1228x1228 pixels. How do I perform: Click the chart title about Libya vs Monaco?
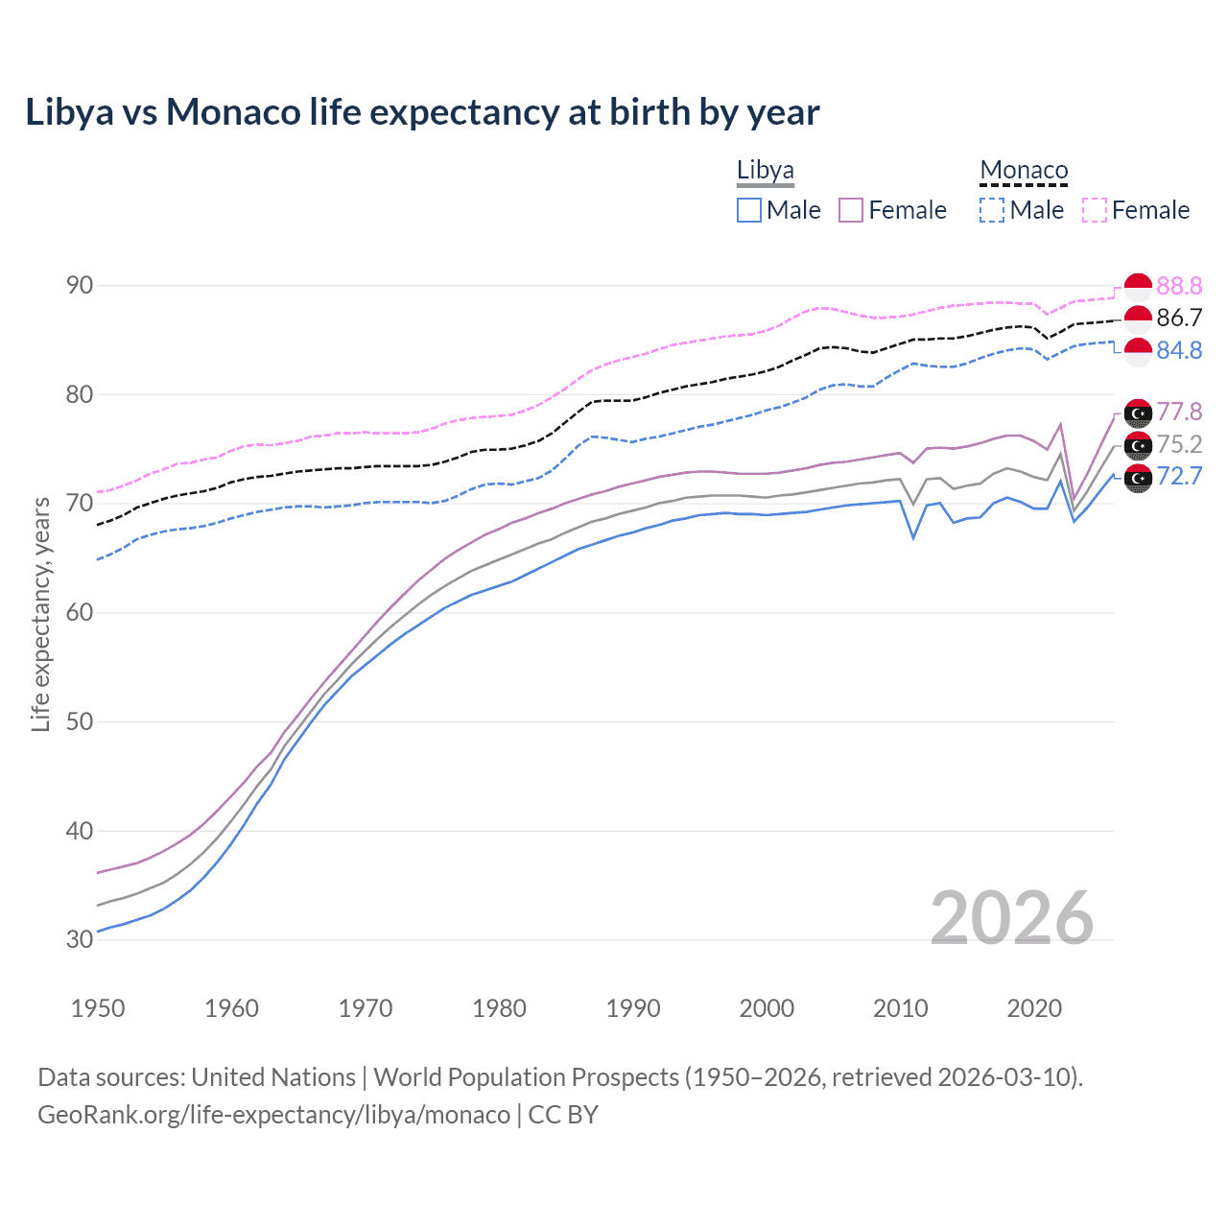tap(422, 112)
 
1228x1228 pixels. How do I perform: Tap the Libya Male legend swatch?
tap(749, 210)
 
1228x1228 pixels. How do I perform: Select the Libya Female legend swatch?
tap(851, 210)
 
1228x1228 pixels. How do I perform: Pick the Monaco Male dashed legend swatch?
tap(992, 210)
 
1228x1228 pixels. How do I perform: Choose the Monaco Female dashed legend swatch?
tap(1094, 210)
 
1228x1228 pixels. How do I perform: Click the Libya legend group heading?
tap(765, 171)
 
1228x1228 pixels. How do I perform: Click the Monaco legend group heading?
tap(1024, 171)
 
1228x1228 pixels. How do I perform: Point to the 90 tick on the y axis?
tap(80, 286)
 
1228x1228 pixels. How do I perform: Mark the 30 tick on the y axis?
tap(80, 940)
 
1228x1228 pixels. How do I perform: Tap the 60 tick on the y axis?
tap(80, 613)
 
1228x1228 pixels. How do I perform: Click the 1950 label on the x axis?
tap(98, 1008)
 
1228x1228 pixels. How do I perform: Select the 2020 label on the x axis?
tap(1034, 1008)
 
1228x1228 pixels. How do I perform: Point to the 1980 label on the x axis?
tap(499, 1008)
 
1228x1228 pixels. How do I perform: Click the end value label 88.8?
tap(1179, 286)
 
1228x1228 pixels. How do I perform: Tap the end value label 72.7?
tap(1179, 476)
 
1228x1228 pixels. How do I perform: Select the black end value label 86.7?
tap(1179, 319)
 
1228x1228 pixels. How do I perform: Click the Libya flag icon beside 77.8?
tap(1138, 413)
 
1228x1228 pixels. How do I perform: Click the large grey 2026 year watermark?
tap(1011, 918)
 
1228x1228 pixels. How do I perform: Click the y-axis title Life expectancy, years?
tap(40, 614)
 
